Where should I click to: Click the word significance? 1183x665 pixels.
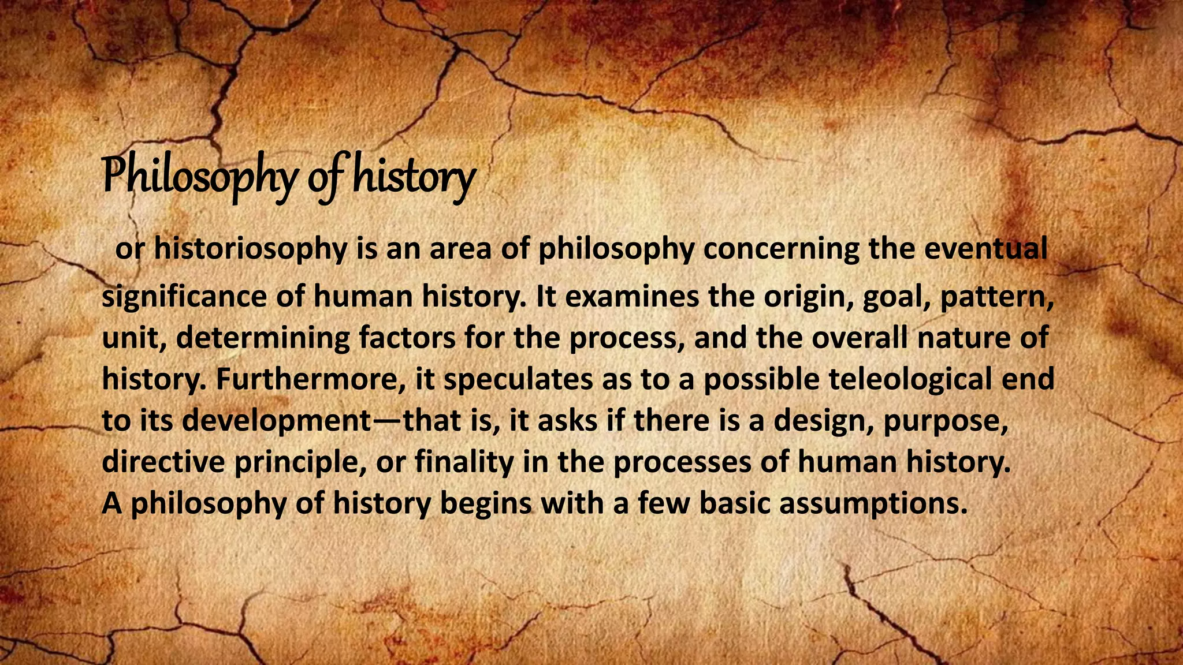[184, 297]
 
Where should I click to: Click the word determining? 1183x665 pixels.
[263, 338]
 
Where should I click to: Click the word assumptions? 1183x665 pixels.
[873, 504]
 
